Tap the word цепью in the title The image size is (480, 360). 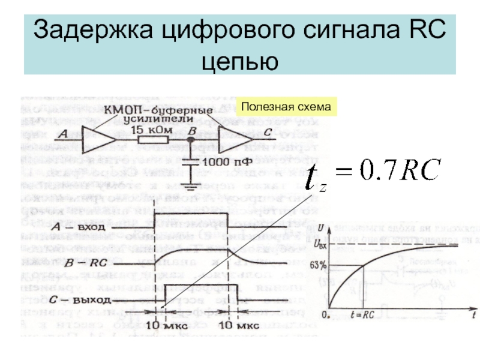(239, 60)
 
